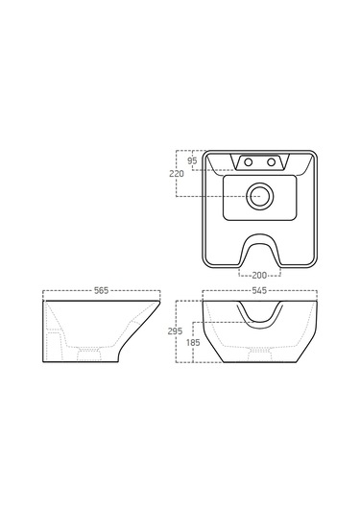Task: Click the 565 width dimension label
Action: (x=101, y=290)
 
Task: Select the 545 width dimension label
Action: (x=259, y=290)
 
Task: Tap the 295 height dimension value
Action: (x=175, y=331)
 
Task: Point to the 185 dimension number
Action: (x=193, y=343)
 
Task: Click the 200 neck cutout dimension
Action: (x=259, y=276)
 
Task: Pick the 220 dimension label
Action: (x=177, y=174)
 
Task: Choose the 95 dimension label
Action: (x=192, y=161)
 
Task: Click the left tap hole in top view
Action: (x=249, y=161)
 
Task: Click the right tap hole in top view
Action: (x=272, y=161)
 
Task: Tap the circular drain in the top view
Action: (x=260, y=196)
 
